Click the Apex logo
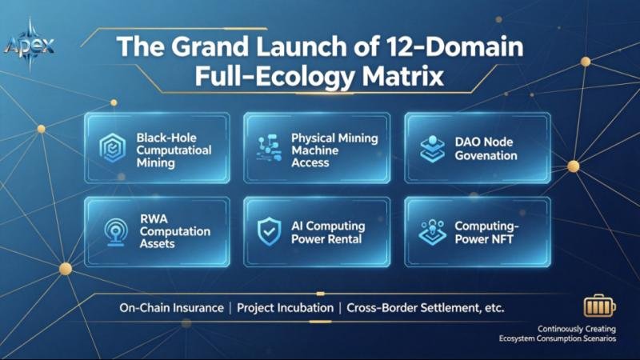[29, 44]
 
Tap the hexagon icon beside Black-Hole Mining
[112, 148]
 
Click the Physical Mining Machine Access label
[334, 150]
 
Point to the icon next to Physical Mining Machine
[269, 148]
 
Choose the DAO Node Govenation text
[486, 149]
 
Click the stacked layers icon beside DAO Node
[432, 149]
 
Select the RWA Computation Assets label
[174, 231]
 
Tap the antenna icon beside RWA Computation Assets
[115, 232]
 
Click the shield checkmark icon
[269, 231]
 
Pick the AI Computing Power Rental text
[328, 232]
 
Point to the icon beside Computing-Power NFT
[432, 232]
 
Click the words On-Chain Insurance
[171, 308]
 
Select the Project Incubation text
[285, 308]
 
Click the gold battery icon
[599, 306]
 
